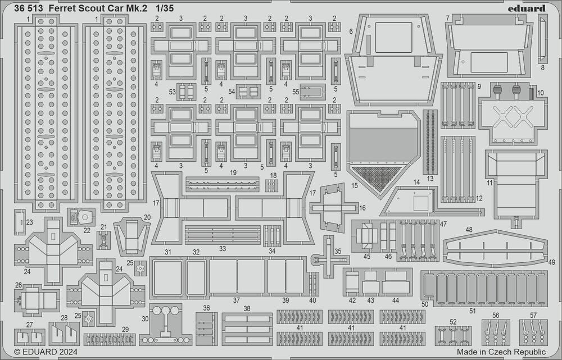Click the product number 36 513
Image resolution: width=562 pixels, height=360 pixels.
29,8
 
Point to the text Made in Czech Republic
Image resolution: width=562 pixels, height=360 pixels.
501,352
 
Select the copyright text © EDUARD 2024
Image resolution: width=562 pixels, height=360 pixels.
46,352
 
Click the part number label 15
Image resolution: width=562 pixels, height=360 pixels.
355,185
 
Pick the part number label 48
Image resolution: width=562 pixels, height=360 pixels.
469,230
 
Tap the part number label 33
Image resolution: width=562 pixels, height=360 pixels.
223,248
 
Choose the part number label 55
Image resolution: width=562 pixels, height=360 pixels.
296,92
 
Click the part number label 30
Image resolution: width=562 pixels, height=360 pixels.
145,318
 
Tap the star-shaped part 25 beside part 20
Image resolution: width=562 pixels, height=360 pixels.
140,268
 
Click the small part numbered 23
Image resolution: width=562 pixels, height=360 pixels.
20,222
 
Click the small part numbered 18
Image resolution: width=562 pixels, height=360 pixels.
271,185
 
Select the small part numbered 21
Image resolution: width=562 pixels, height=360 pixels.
103,240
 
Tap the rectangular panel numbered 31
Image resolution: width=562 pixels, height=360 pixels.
167,277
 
